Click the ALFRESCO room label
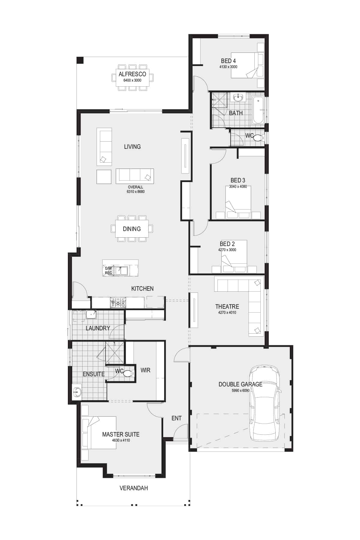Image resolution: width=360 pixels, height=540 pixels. click(132, 74)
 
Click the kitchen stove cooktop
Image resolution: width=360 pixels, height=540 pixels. click(118, 302)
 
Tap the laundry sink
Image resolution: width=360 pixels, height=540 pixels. click(91, 314)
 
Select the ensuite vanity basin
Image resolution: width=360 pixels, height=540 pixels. click(77, 391)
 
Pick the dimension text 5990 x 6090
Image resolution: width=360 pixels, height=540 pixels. click(241, 391)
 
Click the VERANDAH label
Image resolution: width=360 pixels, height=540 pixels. click(134, 488)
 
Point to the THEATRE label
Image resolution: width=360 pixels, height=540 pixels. click(227, 307)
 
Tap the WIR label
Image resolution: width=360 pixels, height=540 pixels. click(145, 370)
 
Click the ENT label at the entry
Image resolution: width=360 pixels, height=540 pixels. click(176, 418)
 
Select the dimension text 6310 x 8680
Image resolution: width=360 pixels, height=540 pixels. click(136, 191)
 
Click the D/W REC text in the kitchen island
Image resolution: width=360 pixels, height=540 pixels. click(108, 271)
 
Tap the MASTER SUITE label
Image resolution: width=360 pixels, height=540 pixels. click(121, 434)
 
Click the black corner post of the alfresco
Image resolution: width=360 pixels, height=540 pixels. click(80, 60)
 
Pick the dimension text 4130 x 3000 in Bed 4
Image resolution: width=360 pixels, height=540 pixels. click(228, 67)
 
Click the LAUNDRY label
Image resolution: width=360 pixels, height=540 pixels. click(98, 328)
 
